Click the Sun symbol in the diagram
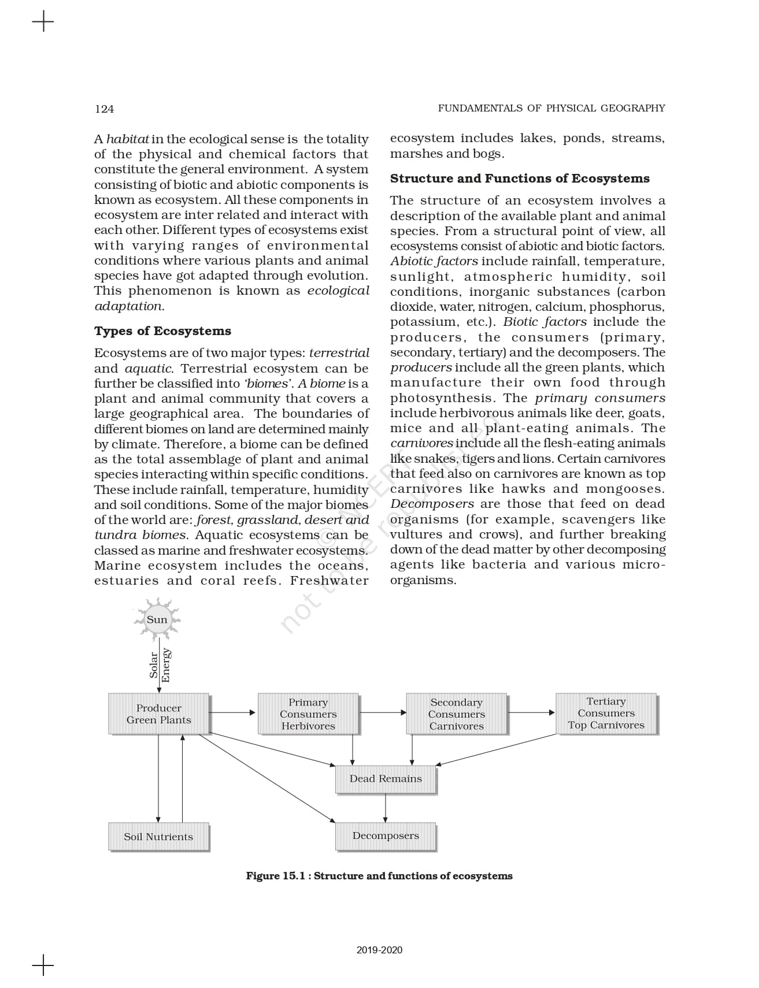157,619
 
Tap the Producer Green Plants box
158,714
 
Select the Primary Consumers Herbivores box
308,714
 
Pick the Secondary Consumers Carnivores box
457,714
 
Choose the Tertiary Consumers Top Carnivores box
606,714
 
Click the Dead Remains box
386,779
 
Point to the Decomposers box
386,836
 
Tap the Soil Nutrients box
158,837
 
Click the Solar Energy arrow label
160,665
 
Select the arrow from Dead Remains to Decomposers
386,808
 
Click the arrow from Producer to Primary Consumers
232,712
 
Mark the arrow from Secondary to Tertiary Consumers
531,712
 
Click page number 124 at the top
105,109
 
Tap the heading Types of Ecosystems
162,331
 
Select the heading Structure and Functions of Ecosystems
520,179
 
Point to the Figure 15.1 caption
379,876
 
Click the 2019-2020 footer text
379,950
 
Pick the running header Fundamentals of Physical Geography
551,108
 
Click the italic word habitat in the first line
128,139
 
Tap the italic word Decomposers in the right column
432,504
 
